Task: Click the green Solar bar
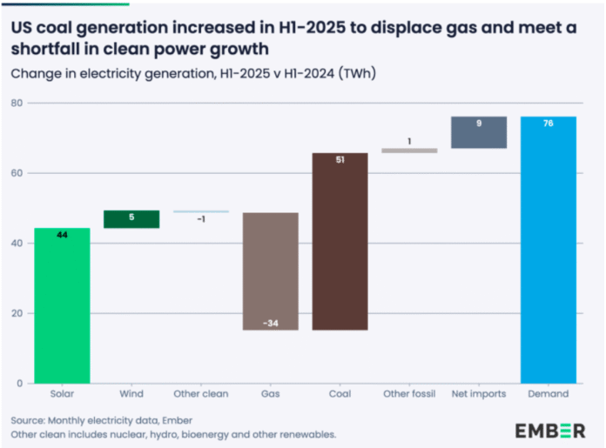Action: coord(62,304)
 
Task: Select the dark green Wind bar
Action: coord(131,219)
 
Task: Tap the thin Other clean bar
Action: coord(201,211)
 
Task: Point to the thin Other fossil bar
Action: coord(409,150)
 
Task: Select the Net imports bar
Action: coord(479,132)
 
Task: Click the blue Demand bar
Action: coord(549,252)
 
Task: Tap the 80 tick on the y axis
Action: coord(17,103)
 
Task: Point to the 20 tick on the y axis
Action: coord(17,313)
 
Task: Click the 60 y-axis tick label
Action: coord(17,173)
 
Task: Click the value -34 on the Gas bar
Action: coord(270,324)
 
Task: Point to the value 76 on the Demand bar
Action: coord(549,123)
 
